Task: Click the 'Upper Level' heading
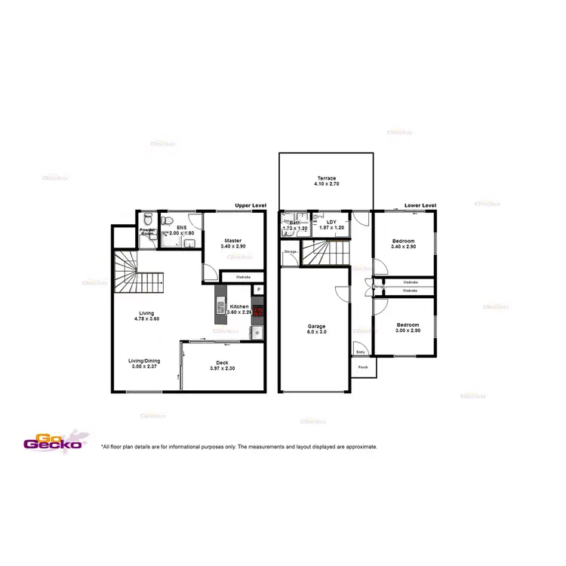click(x=251, y=205)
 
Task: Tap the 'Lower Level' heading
click(x=420, y=205)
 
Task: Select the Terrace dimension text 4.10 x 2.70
click(x=325, y=184)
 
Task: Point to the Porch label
click(x=363, y=368)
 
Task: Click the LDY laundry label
click(x=331, y=222)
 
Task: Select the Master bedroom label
click(x=233, y=241)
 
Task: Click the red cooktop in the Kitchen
click(x=258, y=311)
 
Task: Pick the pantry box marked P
click(x=258, y=289)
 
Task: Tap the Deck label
click(x=223, y=362)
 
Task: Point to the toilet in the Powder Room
click(x=149, y=219)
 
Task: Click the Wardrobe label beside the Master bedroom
click(x=243, y=277)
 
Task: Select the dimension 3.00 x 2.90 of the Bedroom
click(x=408, y=331)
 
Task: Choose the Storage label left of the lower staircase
click(x=289, y=251)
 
